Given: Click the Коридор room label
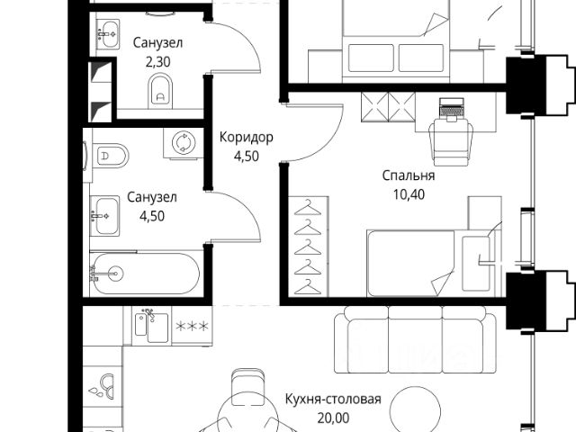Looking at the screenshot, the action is click(246, 138).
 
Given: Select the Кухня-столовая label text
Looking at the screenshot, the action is click(333, 400).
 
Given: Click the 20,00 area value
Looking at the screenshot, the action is click(333, 417).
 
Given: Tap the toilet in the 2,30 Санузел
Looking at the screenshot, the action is click(161, 89).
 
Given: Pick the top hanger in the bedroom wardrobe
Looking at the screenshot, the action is click(309, 206).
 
